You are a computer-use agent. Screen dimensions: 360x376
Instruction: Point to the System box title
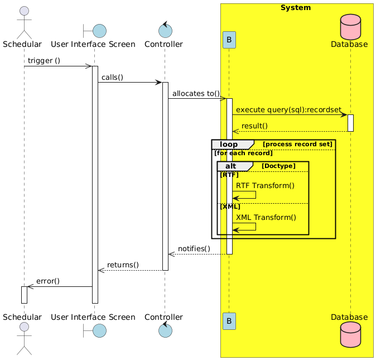tap(296, 8)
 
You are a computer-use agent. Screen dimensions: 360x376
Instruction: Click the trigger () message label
tap(44, 60)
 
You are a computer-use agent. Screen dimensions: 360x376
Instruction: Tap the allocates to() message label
tap(196, 93)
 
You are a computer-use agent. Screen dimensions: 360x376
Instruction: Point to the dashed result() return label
tap(254, 126)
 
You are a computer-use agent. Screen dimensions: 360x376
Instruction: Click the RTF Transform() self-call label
tap(265, 185)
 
